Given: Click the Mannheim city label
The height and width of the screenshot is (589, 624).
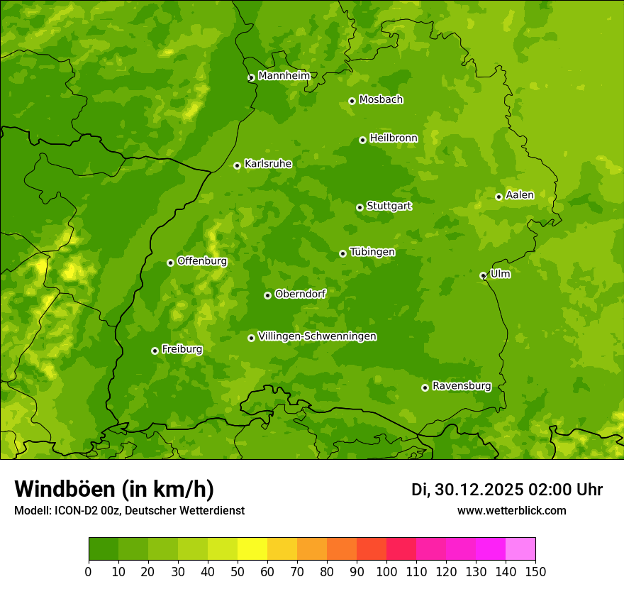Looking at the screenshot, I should click(284, 76).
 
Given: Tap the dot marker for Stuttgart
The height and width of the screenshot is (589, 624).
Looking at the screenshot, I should click(360, 207).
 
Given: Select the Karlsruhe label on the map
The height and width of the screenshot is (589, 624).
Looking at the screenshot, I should click(267, 164).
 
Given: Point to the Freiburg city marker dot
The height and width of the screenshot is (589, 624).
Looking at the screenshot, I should click(155, 351).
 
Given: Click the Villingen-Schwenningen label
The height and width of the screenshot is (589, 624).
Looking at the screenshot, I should click(317, 336).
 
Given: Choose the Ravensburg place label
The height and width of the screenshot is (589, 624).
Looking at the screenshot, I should click(461, 386).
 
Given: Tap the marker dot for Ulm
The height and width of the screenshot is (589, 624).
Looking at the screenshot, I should click(483, 275).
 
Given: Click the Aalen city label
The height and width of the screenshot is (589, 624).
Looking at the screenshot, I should click(519, 195).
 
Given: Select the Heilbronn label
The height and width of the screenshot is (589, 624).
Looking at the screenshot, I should click(393, 138).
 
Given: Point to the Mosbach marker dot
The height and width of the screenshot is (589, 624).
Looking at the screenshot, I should click(352, 101).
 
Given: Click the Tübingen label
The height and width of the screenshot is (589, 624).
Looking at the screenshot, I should click(372, 252).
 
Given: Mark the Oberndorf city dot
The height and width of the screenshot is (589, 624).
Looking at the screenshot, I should click(267, 295).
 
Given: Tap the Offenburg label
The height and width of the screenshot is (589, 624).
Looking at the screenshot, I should click(201, 261).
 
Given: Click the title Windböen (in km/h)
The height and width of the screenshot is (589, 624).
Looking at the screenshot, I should click(113, 489).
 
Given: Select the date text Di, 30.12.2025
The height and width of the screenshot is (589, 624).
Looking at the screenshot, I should click(467, 490).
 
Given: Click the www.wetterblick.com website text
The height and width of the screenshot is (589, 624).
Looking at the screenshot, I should click(511, 510).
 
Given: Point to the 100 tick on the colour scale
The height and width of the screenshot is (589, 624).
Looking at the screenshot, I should click(386, 571).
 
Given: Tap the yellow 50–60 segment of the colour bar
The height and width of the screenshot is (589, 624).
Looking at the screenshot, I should click(252, 549).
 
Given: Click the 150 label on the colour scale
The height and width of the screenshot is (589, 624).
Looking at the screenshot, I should click(535, 571).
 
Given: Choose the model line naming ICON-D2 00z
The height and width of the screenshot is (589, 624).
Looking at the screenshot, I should click(129, 510).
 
